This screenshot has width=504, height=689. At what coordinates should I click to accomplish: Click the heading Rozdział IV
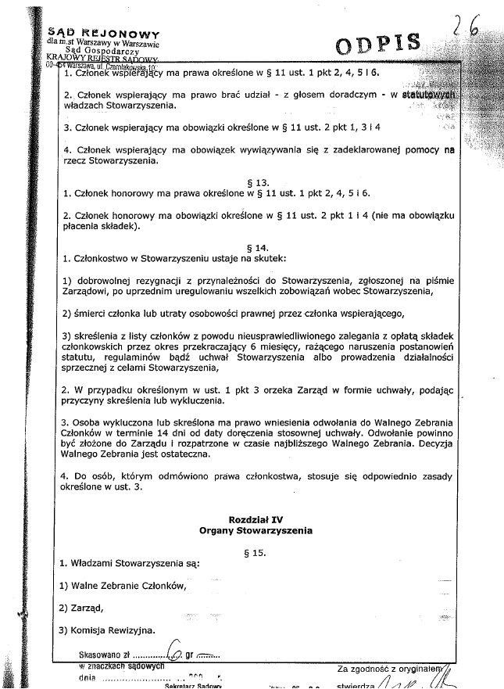tap(254, 519)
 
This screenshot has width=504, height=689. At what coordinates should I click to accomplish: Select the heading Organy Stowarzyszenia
tap(255, 530)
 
